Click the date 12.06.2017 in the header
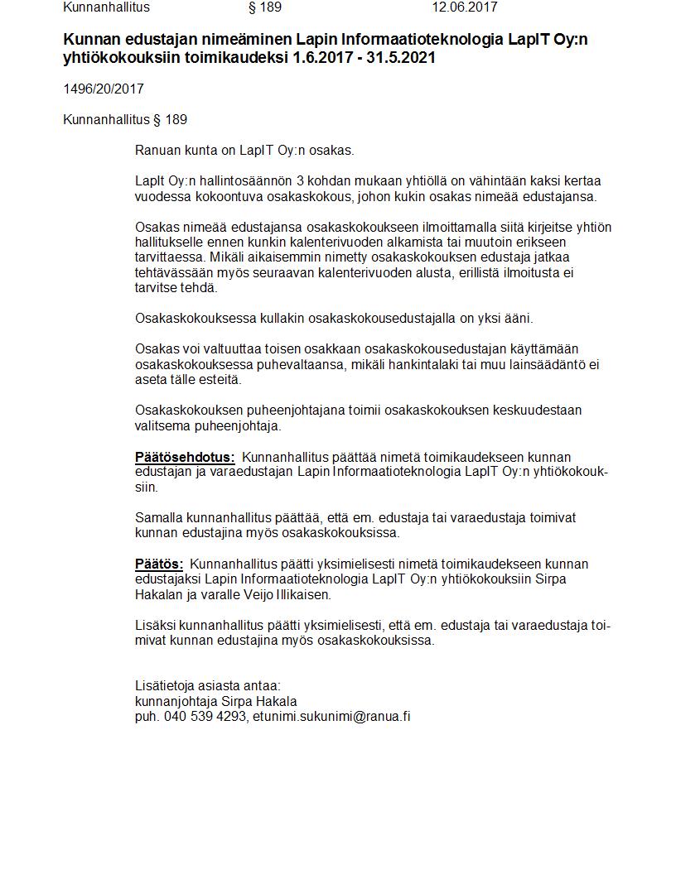point(464,7)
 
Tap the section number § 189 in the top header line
point(265,7)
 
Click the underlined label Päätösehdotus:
point(185,457)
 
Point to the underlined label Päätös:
point(159,564)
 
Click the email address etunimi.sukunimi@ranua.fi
point(331,716)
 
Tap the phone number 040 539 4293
point(204,716)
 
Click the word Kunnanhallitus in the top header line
point(106,7)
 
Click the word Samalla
point(159,517)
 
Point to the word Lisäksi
point(157,625)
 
